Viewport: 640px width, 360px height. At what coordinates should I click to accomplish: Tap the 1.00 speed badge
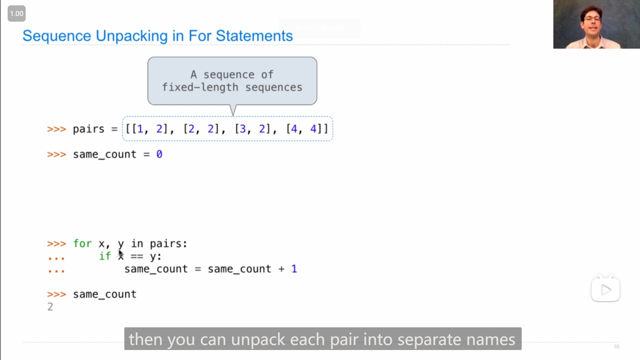pyautogui.click(x=17, y=14)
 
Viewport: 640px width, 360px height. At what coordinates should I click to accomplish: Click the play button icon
pyautogui.click(x=605, y=290)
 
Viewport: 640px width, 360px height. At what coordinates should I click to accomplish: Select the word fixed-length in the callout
pyautogui.click(x=200, y=87)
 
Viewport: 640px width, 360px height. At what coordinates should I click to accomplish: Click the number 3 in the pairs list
pyautogui.click(x=243, y=129)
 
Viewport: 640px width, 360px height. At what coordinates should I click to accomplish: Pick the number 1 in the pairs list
pyautogui.click(x=140, y=129)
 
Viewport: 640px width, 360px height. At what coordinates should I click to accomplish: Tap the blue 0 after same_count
pyautogui.click(x=159, y=154)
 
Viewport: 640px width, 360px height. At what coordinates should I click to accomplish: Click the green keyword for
pyautogui.click(x=82, y=244)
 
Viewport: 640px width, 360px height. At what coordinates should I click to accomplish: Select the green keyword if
pyautogui.click(x=105, y=256)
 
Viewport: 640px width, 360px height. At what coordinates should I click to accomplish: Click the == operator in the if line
pyautogui.click(x=137, y=257)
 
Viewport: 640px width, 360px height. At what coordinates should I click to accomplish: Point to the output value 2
pyautogui.click(x=50, y=307)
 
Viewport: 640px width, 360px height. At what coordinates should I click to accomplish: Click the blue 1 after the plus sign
pyautogui.click(x=294, y=269)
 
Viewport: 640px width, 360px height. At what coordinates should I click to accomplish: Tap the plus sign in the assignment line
pyautogui.click(x=281, y=269)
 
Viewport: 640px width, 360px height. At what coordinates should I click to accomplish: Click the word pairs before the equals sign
pyautogui.click(x=88, y=129)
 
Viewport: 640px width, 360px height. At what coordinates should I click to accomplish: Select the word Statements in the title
pyautogui.click(x=254, y=36)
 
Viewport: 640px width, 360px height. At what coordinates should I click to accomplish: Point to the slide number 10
pyautogui.click(x=616, y=347)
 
